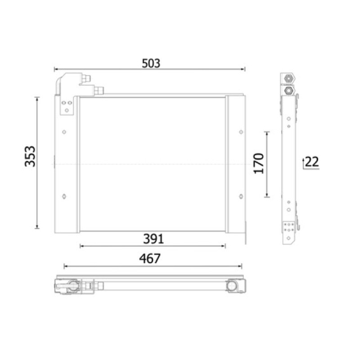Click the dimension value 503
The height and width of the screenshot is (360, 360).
[151, 63]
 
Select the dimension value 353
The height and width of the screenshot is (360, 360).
[30, 156]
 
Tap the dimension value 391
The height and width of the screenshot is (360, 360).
[153, 239]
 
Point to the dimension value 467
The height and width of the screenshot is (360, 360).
[150, 259]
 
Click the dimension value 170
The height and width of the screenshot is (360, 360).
[258, 163]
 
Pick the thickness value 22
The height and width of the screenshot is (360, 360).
[312, 162]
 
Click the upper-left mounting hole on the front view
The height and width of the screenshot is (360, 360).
[64, 132]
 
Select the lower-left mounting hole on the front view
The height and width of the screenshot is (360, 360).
[64, 197]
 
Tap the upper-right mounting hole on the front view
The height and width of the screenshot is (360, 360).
[241, 132]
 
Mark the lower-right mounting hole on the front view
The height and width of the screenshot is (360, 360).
[241, 197]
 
